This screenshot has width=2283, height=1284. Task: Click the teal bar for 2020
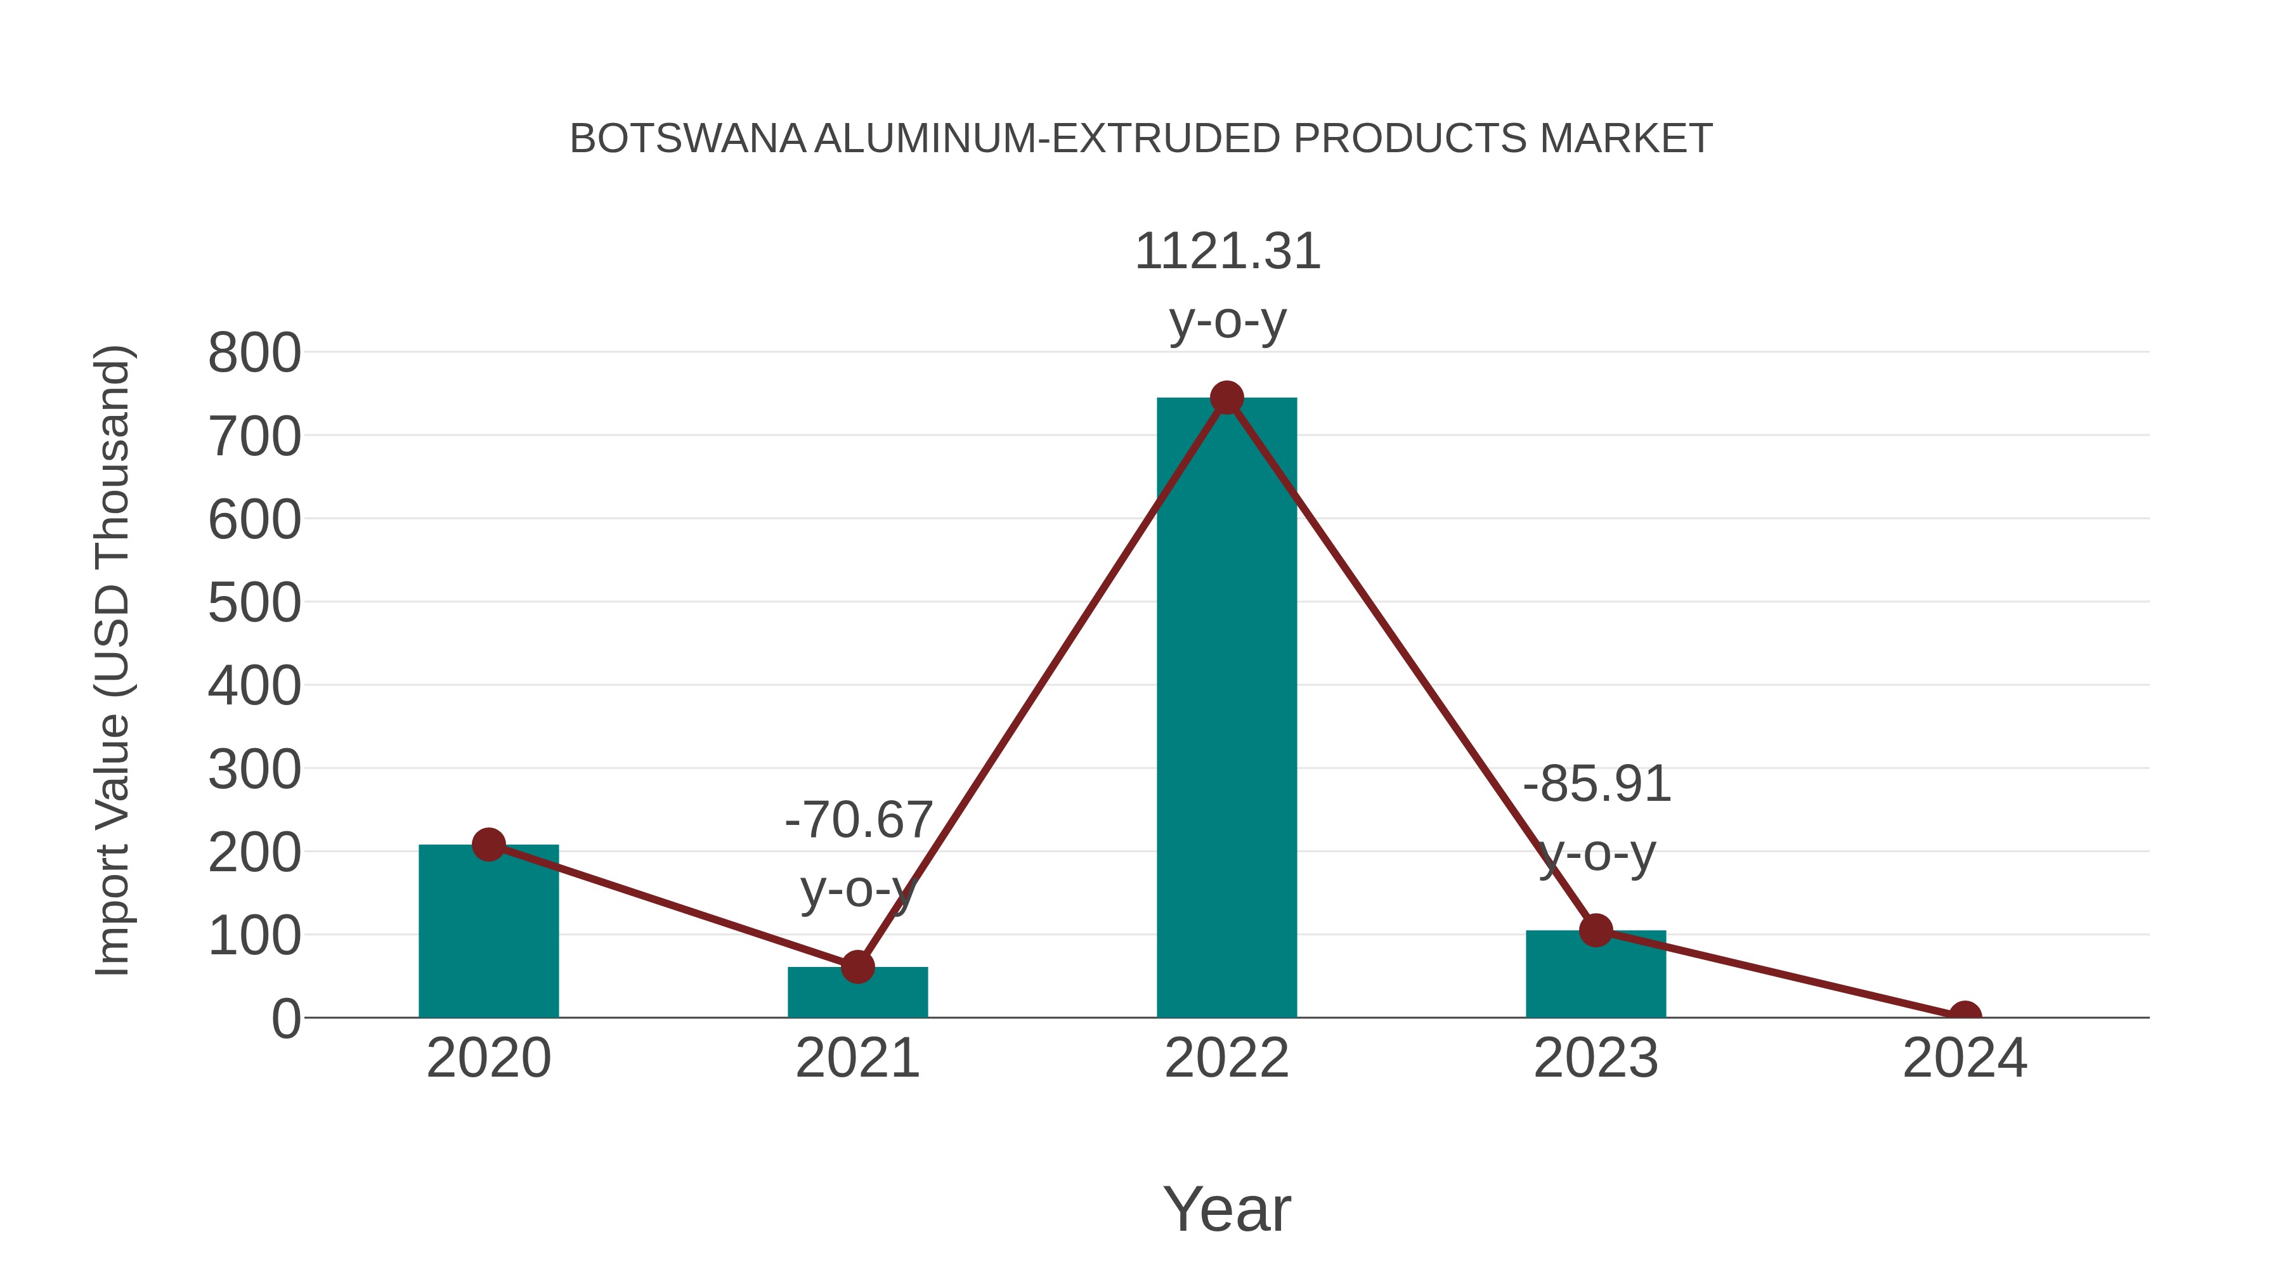pos(488,939)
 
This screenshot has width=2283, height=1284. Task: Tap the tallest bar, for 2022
pos(1226,709)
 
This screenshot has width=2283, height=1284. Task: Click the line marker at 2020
pos(488,845)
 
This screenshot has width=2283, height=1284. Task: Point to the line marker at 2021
pos(857,967)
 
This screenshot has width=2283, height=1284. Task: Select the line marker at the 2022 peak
pos(1226,398)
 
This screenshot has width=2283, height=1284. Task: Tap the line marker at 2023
pos(1596,930)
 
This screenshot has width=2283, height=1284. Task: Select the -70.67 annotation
pos(859,820)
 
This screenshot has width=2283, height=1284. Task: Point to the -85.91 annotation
pos(1597,784)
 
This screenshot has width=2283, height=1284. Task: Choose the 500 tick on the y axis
pos(254,604)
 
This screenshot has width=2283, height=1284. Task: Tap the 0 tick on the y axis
pos(286,1019)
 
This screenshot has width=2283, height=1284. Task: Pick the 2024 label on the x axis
pos(1965,1059)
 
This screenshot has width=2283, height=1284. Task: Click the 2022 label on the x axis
pos(1226,1059)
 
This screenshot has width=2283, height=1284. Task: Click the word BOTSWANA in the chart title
pos(687,139)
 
